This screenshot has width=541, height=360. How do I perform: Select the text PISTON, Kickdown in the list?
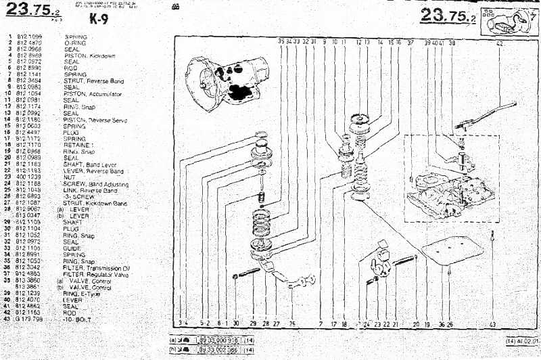coord(89,55)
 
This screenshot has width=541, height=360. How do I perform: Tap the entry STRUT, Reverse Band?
coord(94,81)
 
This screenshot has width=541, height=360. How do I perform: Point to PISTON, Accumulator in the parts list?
coord(93,93)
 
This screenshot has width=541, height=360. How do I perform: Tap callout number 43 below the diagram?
coord(492,324)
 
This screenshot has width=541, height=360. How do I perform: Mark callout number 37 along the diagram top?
coord(410,42)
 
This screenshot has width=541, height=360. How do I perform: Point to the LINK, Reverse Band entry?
coord(94,190)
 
